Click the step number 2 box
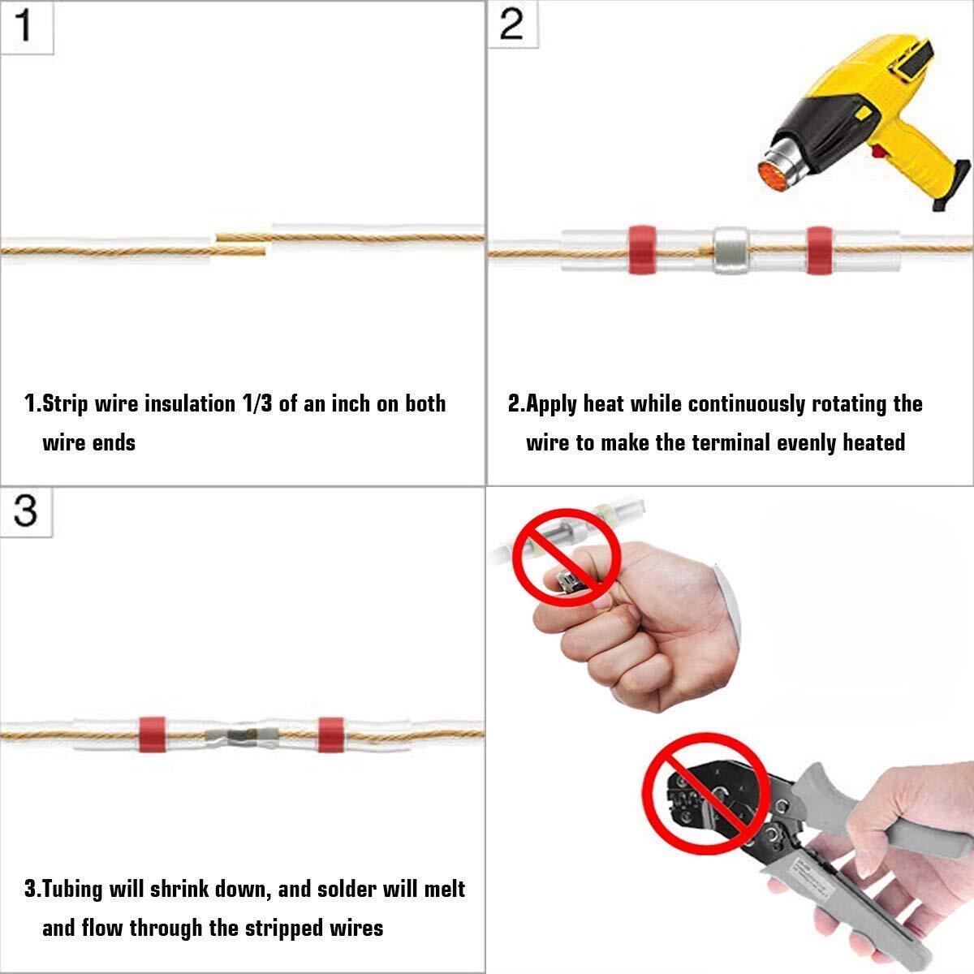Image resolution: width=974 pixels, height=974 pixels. pyautogui.click(x=511, y=25)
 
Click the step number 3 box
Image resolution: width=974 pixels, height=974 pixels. pyautogui.click(x=25, y=511)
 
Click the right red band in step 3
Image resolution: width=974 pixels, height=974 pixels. pyautogui.click(x=330, y=735)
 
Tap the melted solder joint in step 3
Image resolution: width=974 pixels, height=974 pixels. pyautogui.click(x=241, y=736)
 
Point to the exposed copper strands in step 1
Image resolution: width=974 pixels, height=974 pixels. pyautogui.click(x=241, y=245)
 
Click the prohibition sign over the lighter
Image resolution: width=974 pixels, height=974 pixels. pyautogui.click(x=570, y=562)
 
